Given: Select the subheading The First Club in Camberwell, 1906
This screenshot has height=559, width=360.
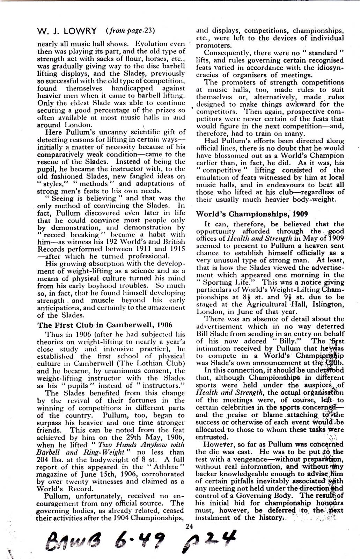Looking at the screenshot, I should (x=104, y=325).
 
